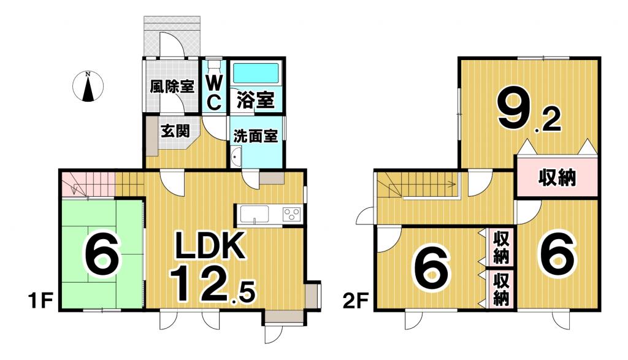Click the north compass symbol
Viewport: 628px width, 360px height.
(88, 86)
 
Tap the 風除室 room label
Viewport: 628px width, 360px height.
(172, 86)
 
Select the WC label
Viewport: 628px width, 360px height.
(214, 92)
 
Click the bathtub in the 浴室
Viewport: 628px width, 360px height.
(256, 73)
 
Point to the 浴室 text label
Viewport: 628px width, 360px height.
(256, 100)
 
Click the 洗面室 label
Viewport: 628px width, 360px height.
(256, 136)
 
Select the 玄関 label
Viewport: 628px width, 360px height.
(175, 131)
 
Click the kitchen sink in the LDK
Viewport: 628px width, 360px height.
(255, 215)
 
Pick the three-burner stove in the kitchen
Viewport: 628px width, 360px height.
(292, 214)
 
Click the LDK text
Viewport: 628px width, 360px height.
(211, 245)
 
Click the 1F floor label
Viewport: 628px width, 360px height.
(40, 301)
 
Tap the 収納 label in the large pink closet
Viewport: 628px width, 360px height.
(557, 177)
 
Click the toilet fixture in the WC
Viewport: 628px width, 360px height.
(215, 65)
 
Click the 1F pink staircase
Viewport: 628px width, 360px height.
(88, 184)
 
